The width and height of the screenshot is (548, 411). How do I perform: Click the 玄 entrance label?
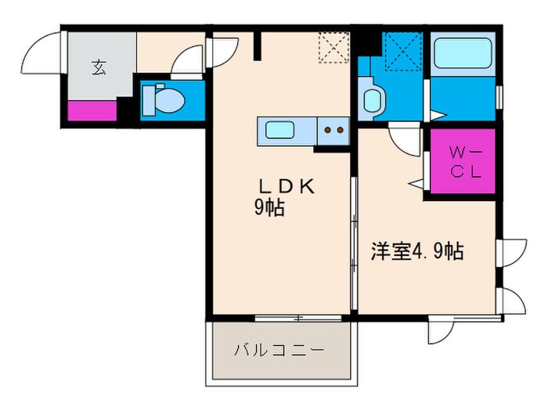(99, 68)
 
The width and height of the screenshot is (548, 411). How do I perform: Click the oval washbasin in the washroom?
(372, 99)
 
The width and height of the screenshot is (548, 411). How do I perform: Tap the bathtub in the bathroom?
(462, 56)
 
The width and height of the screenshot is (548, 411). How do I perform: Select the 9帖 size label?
(269, 209)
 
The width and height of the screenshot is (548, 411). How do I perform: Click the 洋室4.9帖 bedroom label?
(416, 251)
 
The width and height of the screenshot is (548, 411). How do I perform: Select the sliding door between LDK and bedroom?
(354, 243)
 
